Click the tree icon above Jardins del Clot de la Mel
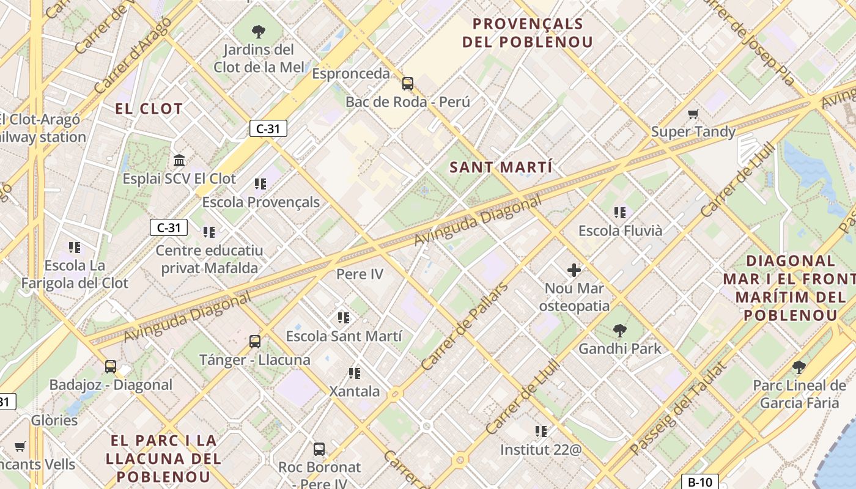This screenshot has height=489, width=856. (259, 31)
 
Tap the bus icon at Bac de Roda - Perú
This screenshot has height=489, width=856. (407, 84)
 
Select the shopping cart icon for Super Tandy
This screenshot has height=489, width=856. (693, 114)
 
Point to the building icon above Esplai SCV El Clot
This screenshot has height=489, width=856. (179, 161)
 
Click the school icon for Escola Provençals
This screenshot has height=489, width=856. (260, 184)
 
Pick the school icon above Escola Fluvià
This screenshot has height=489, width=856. (620, 213)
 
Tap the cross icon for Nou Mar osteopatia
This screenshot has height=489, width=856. (574, 270)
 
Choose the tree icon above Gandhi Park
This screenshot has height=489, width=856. (620, 331)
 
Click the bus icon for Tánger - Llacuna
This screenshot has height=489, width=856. (255, 342)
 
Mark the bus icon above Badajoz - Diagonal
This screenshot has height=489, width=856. (111, 367)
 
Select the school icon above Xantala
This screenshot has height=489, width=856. (354, 373)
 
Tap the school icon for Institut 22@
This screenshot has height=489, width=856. (541, 432)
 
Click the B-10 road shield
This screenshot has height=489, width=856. (699, 482)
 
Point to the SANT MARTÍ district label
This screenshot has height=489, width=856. (501, 167)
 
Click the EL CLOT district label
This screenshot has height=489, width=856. (149, 109)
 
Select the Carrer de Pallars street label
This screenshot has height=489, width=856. (465, 326)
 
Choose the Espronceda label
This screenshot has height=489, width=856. (350, 74)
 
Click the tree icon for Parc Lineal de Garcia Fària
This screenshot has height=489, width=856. (799, 367)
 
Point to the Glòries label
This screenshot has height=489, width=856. (54, 421)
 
